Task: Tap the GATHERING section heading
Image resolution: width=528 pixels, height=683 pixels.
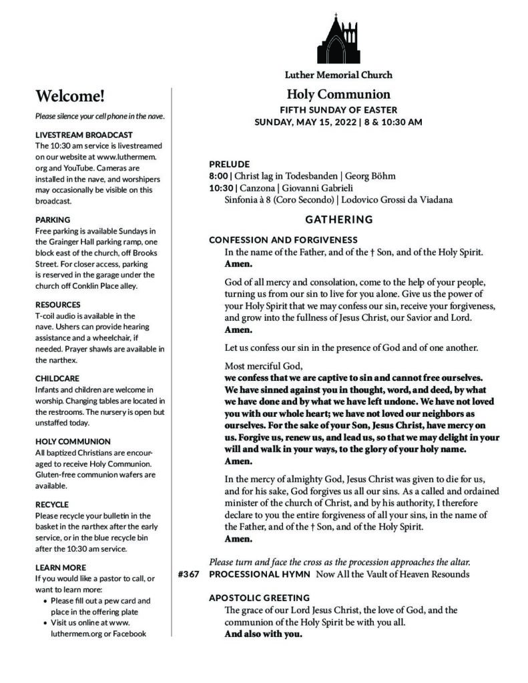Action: (x=339, y=219)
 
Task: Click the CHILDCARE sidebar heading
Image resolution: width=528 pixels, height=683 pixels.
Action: (x=57, y=378)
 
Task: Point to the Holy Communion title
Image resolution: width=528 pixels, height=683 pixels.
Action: (x=338, y=95)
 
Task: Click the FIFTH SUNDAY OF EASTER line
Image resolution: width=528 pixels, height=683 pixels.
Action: (x=338, y=109)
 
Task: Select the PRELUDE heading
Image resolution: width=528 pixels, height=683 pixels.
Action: (x=229, y=163)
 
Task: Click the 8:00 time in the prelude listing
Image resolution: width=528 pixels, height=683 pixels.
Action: (x=219, y=176)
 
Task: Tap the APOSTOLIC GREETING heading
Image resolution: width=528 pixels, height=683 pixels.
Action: (x=259, y=598)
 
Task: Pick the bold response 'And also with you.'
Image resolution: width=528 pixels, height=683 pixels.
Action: (x=263, y=634)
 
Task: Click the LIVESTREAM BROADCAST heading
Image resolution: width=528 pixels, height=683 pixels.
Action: (x=83, y=135)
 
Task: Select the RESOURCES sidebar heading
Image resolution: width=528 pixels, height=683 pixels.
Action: (x=58, y=303)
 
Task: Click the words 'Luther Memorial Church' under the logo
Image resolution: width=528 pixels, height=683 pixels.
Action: (x=339, y=75)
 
